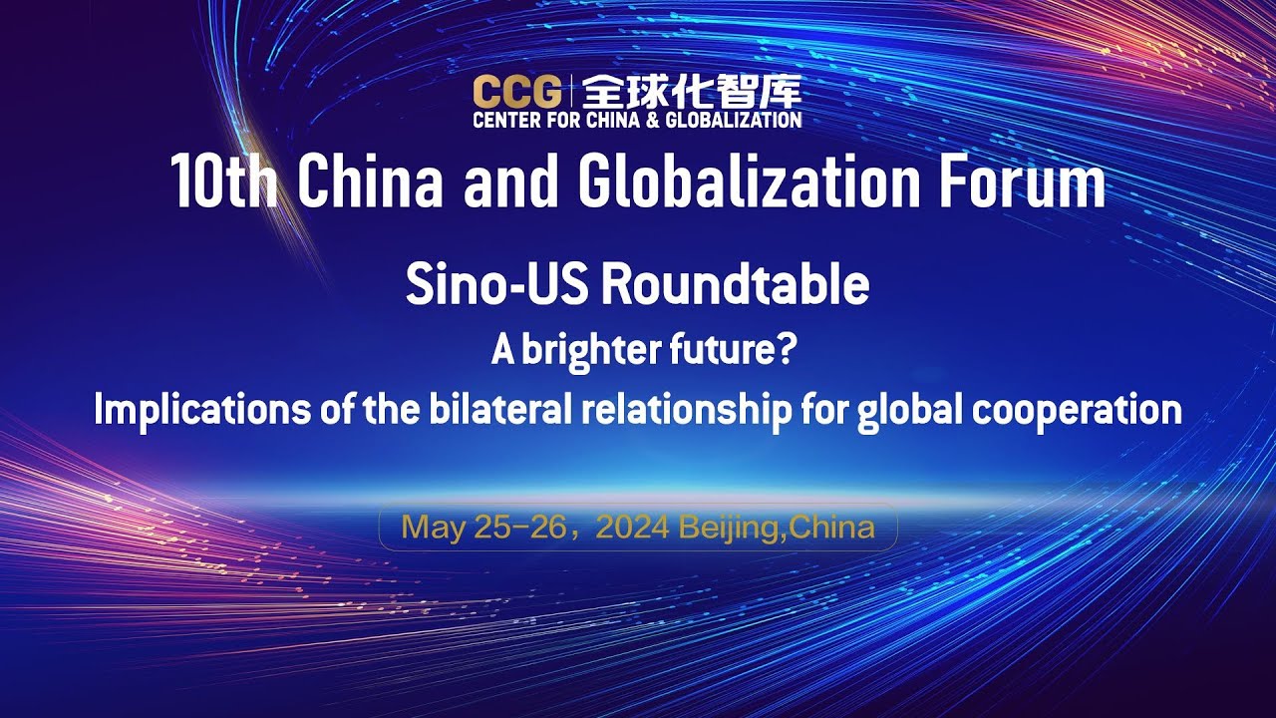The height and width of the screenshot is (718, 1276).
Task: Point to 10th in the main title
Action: (222, 181)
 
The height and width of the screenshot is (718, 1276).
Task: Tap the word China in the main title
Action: (383, 181)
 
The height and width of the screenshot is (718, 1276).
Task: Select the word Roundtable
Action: (734, 286)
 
